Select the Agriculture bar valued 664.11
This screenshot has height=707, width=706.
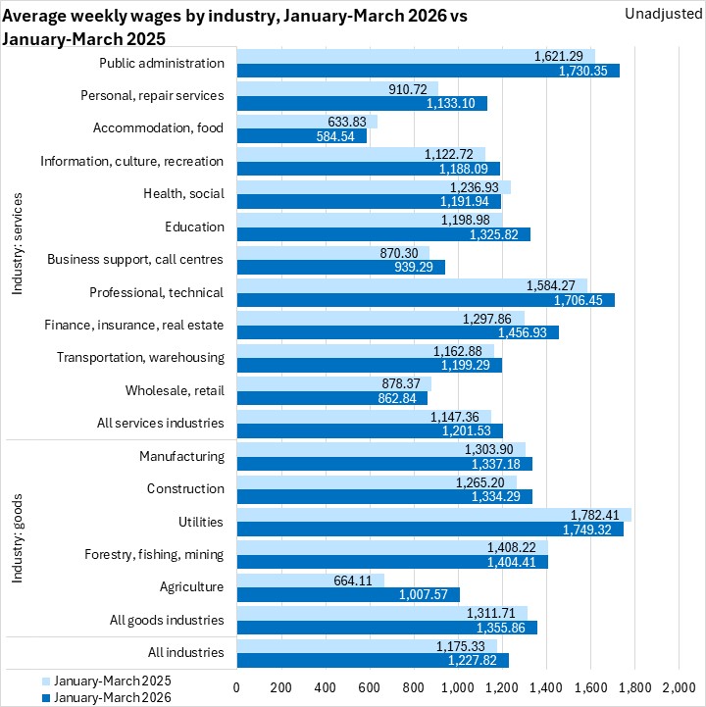(x=310, y=581)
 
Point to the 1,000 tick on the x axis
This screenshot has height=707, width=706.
(x=458, y=686)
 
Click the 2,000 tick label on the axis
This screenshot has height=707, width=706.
(x=679, y=686)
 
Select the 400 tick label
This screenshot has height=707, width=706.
(x=326, y=686)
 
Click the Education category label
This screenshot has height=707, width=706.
(x=194, y=227)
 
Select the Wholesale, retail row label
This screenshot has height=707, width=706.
(x=175, y=390)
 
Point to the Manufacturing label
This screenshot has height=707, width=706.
(x=181, y=456)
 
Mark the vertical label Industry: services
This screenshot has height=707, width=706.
(x=18, y=243)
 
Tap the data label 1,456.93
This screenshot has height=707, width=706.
(x=530, y=333)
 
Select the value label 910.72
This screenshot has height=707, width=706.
(x=409, y=89)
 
